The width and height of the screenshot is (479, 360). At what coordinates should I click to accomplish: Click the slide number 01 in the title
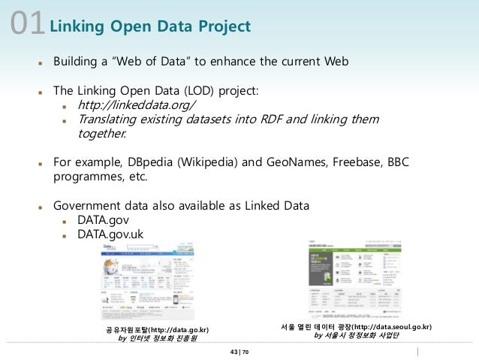tap(27, 25)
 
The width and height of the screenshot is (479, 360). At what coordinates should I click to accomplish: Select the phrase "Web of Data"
tap(145, 61)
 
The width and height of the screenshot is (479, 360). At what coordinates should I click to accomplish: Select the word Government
tap(87, 206)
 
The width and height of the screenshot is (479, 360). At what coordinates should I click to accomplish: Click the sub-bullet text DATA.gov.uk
tap(110, 234)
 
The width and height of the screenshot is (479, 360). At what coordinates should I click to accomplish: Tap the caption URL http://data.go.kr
tap(179, 330)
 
